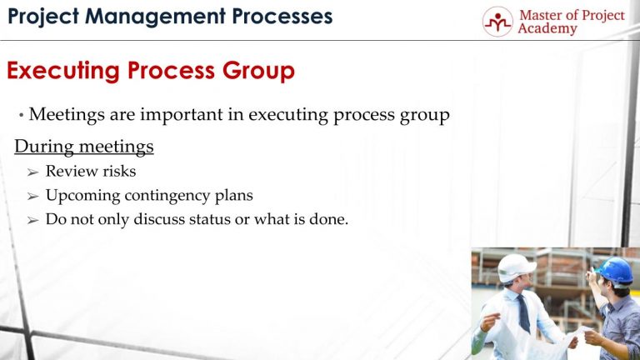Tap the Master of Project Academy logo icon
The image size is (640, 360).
pos(497,22)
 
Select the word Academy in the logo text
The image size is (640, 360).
pos(547,29)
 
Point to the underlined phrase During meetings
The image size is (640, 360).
pos(84,147)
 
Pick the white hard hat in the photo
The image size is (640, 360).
pos(516,267)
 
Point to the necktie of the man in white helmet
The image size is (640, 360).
pos(523,313)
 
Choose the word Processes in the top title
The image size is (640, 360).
pos(279,16)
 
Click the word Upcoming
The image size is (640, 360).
pos(80,197)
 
